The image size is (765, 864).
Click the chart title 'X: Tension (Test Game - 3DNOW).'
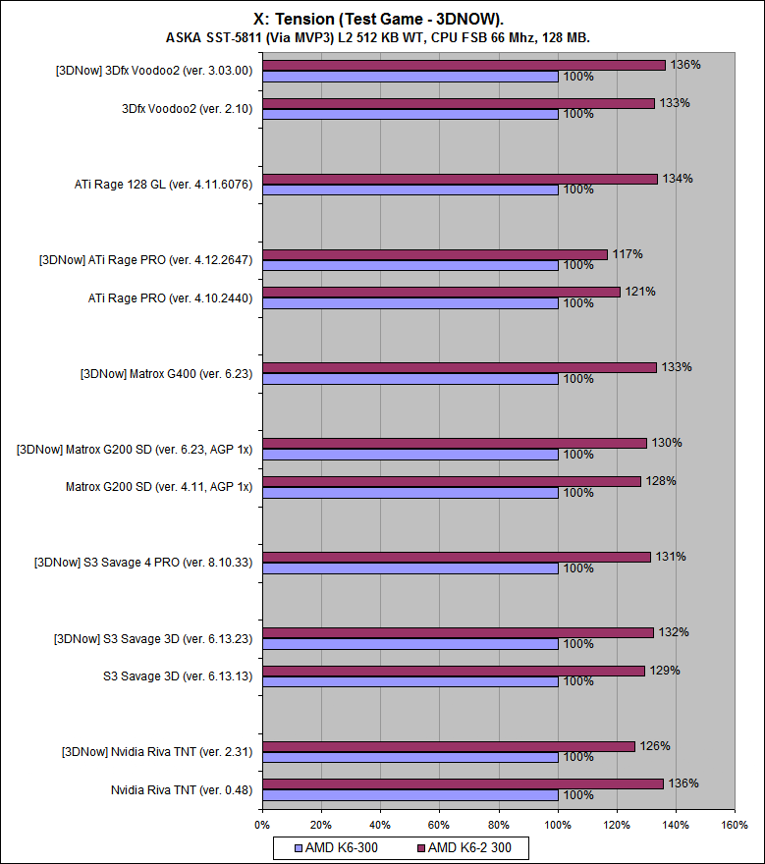pyautogui.click(x=383, y=18)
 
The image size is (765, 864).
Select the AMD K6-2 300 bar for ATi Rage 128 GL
pyautogui.click(x=460, y=179)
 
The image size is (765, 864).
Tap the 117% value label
pyautogui.click(x=628, y=254)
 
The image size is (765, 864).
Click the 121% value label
pyautogui.click(x=640, y=292)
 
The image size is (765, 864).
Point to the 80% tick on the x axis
pyautogui.click(x=499, y=825)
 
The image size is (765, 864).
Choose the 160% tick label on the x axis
pyautogui.click(x=735, y=825)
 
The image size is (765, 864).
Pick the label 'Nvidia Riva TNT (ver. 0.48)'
pyautogui.click(x=182, y=789)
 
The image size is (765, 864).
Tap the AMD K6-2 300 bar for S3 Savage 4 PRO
pyautogui.click(x=457, y=557)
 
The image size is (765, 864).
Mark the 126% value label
pyautogui.click(x=655, y=746)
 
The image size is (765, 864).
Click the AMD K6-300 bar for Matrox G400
pyautogui.click(x=410, y=379)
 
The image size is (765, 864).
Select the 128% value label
pyautogui.click(x=661, y=481)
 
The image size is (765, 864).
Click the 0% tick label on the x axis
pyautogui.click(x=262, y=825)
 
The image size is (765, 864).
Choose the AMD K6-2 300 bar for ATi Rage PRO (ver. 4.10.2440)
pyautogui.click(x=441, y=292)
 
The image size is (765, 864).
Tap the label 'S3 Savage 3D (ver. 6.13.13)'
pyautogui.click(x=178, y=675)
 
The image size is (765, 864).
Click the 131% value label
pyautogui.click(x=671, y=557)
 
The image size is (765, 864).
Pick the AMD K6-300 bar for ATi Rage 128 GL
pyautogui.click(x=410, y=189)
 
